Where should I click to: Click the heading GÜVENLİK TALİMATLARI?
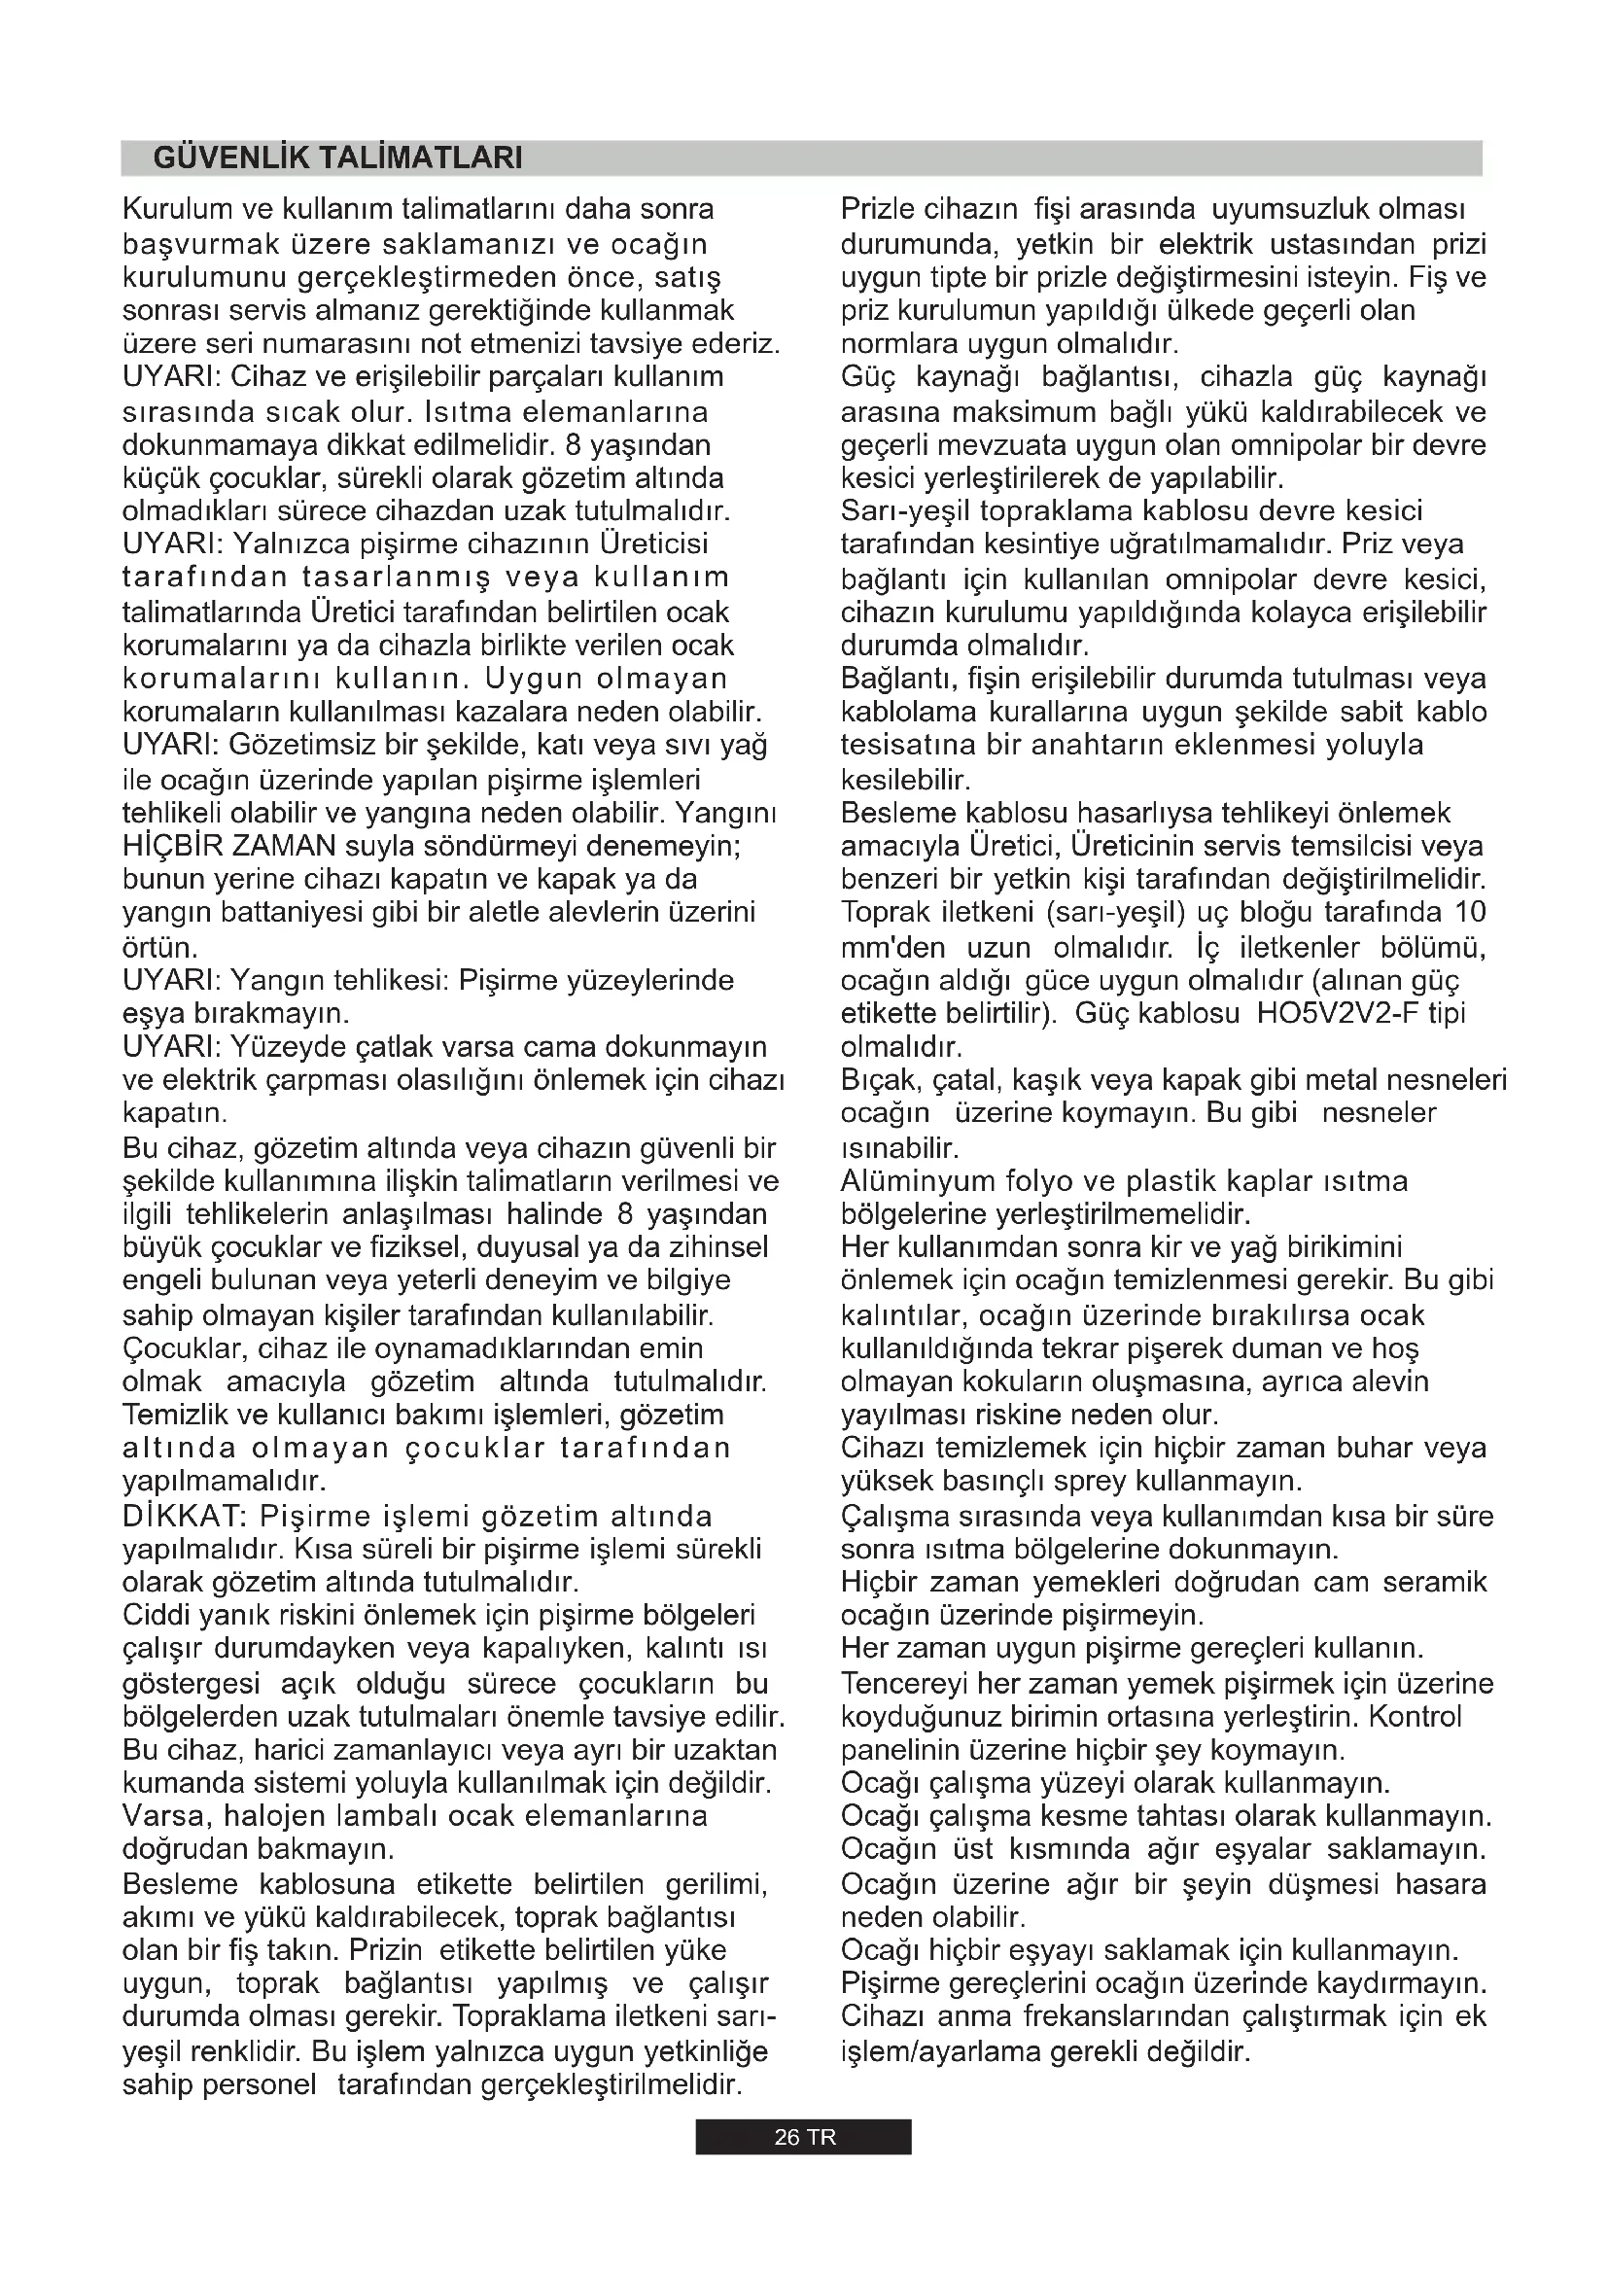click(x=337, y=158)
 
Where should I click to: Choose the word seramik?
click(x=1440, y=1583)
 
